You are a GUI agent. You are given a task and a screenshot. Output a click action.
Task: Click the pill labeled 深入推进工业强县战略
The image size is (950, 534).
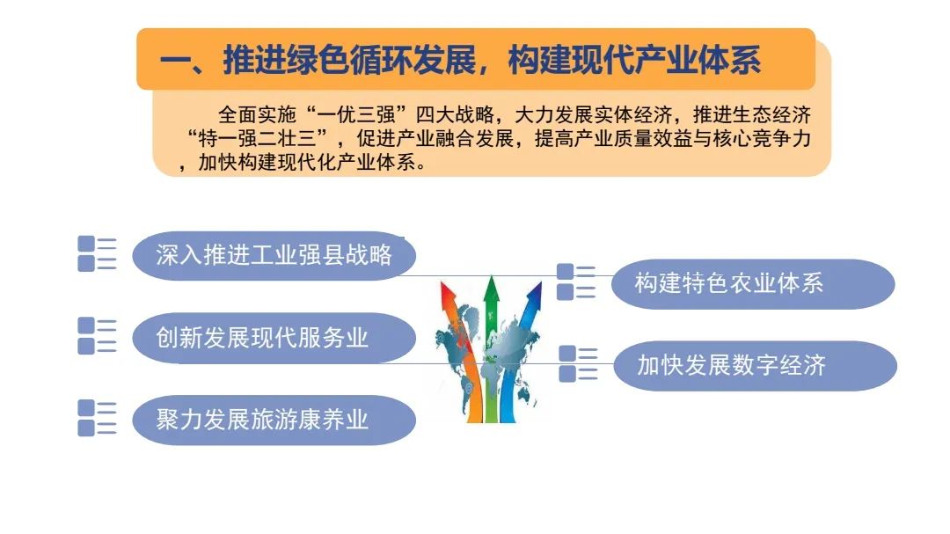pos(273,256)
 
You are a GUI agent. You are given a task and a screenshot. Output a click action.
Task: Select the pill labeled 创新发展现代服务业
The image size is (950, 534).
pos(273,338)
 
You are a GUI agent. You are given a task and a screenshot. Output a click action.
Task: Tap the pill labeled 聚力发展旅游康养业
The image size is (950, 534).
pos(273,420)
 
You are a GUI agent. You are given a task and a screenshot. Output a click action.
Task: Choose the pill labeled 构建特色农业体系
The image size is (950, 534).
pos(752,284)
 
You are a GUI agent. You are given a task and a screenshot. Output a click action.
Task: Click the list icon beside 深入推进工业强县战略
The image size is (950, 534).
pos(97,253)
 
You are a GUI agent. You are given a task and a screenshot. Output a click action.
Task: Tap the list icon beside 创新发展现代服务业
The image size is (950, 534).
pos(97,336)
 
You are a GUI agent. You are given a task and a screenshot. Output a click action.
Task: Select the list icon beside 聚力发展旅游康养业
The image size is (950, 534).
pos(97,418)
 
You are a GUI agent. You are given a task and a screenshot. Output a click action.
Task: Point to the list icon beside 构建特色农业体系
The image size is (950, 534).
pos(576,282)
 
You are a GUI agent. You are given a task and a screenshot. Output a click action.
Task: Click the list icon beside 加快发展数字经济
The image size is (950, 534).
pos(578,363)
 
